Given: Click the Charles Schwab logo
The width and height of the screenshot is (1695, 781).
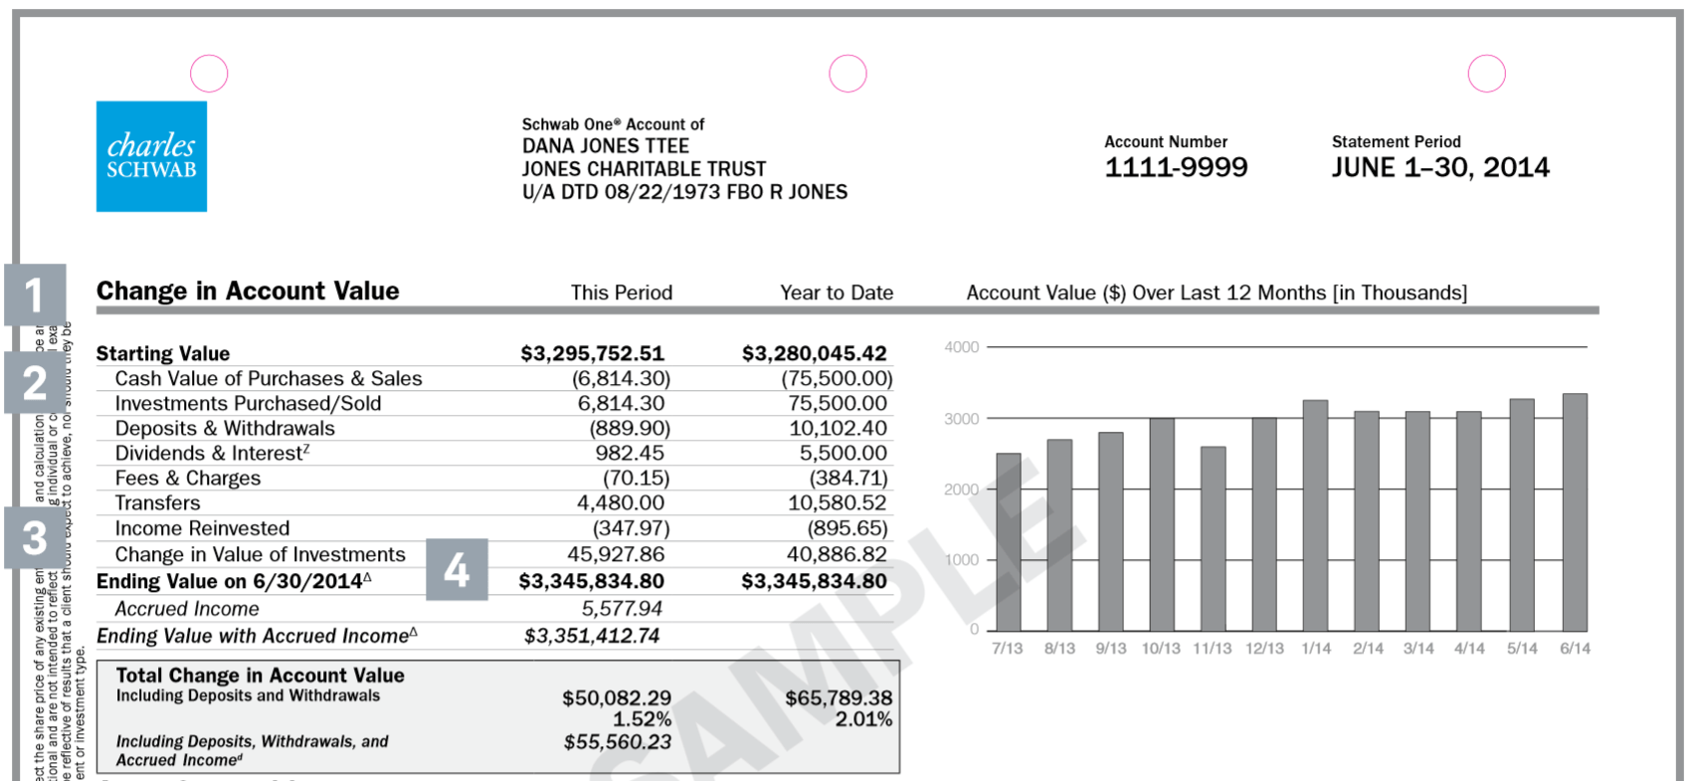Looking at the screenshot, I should [151, 156].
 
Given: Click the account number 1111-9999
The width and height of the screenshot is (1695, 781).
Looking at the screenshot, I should [1176, 167].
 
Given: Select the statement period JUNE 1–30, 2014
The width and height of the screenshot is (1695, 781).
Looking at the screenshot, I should [1439, 167].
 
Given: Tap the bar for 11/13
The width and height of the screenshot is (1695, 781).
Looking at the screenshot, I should [1213, 537].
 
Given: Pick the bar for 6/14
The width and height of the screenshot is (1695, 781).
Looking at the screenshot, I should [1575, 511].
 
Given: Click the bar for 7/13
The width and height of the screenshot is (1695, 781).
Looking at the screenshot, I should [1009, 541].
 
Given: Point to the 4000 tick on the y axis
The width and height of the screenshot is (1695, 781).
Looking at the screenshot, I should [962, 347].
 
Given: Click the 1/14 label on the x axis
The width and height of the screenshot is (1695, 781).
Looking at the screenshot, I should [1316, 649].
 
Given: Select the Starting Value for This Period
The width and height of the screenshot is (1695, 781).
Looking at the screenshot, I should [592, 353].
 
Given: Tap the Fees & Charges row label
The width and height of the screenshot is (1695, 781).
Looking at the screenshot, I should [188, 479].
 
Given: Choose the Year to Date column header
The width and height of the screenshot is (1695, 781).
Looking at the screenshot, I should [837, 293].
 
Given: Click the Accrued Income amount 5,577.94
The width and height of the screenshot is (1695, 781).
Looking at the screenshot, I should [622, 609].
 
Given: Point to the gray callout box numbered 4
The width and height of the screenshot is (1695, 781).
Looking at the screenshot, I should [457, 569].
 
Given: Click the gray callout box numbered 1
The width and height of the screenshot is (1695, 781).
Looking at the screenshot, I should [35, 294].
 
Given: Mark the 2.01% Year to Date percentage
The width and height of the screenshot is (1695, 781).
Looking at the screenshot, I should [863, 719].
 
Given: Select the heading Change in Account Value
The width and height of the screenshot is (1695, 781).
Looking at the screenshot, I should [248, 292].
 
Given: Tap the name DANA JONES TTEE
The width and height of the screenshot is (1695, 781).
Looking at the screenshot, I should [606, 146].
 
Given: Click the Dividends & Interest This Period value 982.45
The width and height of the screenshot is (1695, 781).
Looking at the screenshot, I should [630, 454].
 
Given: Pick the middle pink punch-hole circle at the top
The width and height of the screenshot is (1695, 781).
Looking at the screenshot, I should [847, 74].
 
